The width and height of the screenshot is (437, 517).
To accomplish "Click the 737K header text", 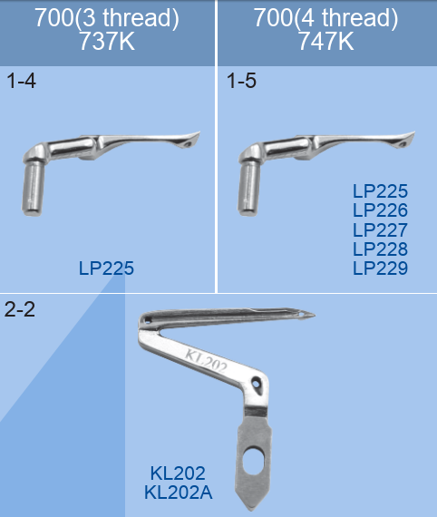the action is tap(107, 41).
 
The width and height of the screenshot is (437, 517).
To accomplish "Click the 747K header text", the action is tap(326, 41).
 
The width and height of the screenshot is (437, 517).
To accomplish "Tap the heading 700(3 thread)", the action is tap(107, 18).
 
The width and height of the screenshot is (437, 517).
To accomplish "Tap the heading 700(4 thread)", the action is tap(325, 18).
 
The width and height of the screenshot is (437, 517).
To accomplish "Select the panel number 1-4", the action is tap(21, 81).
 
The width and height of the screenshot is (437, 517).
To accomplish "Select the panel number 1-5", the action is tap(241, 81).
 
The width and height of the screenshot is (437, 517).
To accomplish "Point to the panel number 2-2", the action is tap(19, 309).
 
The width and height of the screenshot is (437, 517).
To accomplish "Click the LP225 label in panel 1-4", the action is tap(106, 268).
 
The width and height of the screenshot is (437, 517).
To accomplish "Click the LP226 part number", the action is tap(380, 210).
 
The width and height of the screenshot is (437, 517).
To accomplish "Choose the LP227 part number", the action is tap(380, 229).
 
